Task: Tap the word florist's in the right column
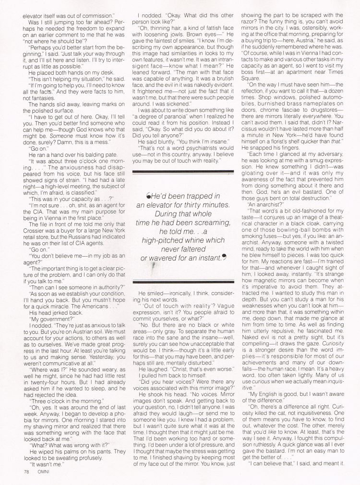pyautogui.click(x=307, y=142)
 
